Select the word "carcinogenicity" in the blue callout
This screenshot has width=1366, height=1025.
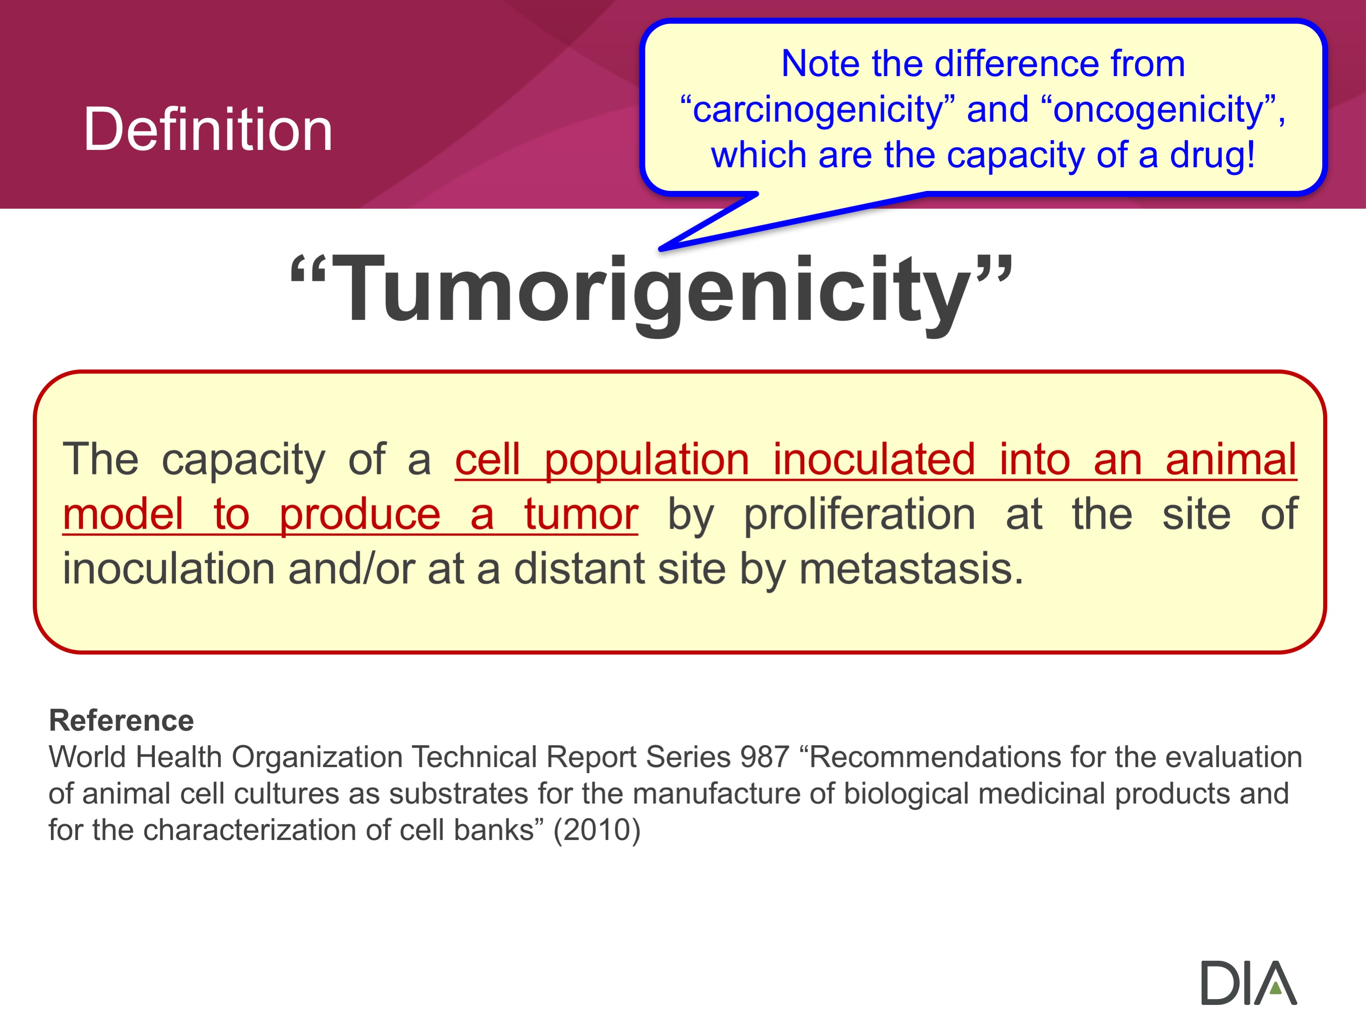point(818,109)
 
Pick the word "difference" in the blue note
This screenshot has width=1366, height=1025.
point(1017,64)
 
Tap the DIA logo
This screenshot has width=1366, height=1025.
point(1248,982)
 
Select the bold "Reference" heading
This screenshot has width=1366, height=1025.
point(121,721)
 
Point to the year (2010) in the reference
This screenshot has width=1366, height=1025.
point(597,830)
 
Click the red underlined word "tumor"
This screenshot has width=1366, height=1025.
point(581,514)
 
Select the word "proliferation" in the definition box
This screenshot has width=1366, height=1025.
point(860,514)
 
